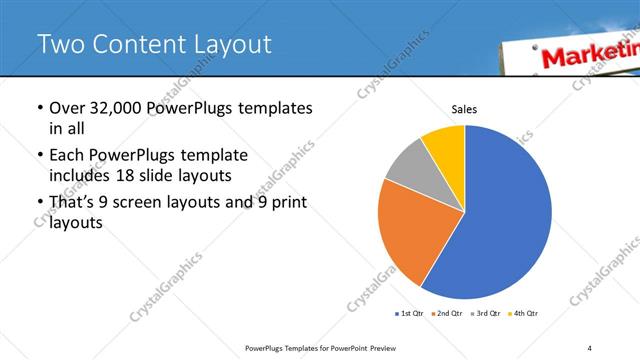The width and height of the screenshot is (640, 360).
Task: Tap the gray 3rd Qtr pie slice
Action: coord(409,167)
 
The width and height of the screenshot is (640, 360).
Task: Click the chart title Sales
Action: coord(465,109)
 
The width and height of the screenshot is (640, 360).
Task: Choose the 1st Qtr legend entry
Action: coord(410,314)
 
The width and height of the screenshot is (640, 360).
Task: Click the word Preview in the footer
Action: coord(394,347)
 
